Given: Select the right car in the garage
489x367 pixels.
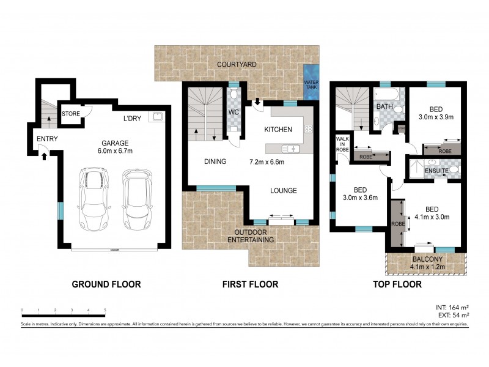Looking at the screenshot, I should [135, 198].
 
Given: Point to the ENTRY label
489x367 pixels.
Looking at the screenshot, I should [47, 139].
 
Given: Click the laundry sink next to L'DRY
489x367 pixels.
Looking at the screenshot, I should [157, 115].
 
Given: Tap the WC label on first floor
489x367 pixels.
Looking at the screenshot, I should [234, 113].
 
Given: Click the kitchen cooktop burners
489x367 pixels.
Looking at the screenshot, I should [308, 129].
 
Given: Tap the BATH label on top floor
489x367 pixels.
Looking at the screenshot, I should [384, 106].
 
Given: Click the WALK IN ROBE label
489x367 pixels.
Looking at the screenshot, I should [342, 144].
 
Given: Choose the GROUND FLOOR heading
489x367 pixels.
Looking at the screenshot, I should [106, 284].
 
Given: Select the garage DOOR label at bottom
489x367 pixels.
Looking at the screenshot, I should [114, 250].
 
